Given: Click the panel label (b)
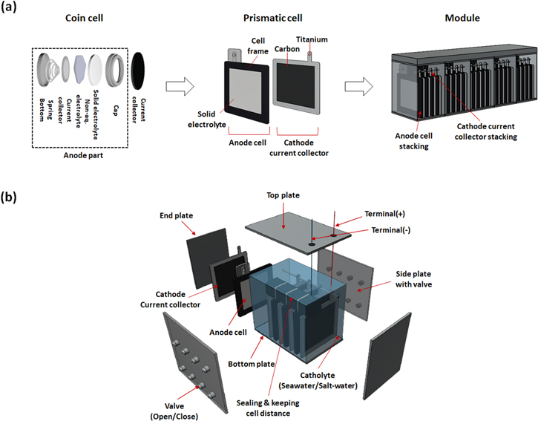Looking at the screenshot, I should pos(10,198).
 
